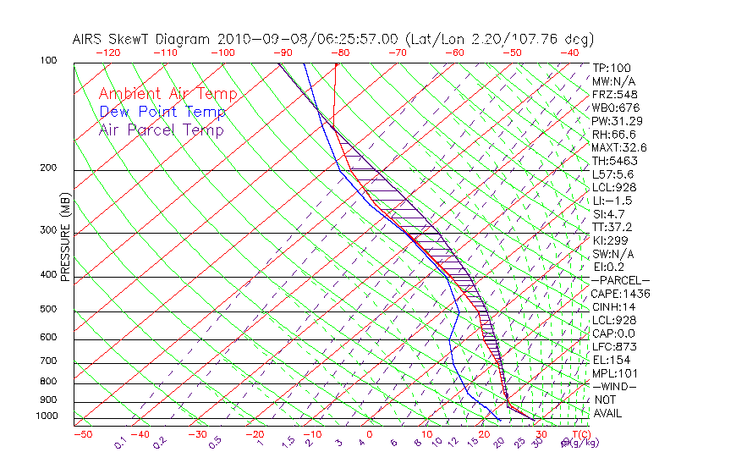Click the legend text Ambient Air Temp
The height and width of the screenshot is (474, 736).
click(x=168, y=94)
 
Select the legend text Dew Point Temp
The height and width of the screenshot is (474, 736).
click(x=162, y=112)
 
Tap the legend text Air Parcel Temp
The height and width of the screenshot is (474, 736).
click(x=161, y=130)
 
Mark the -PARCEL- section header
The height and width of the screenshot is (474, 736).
click(x=620, y=280)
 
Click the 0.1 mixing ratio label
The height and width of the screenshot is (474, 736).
click(x=120, y=444)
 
